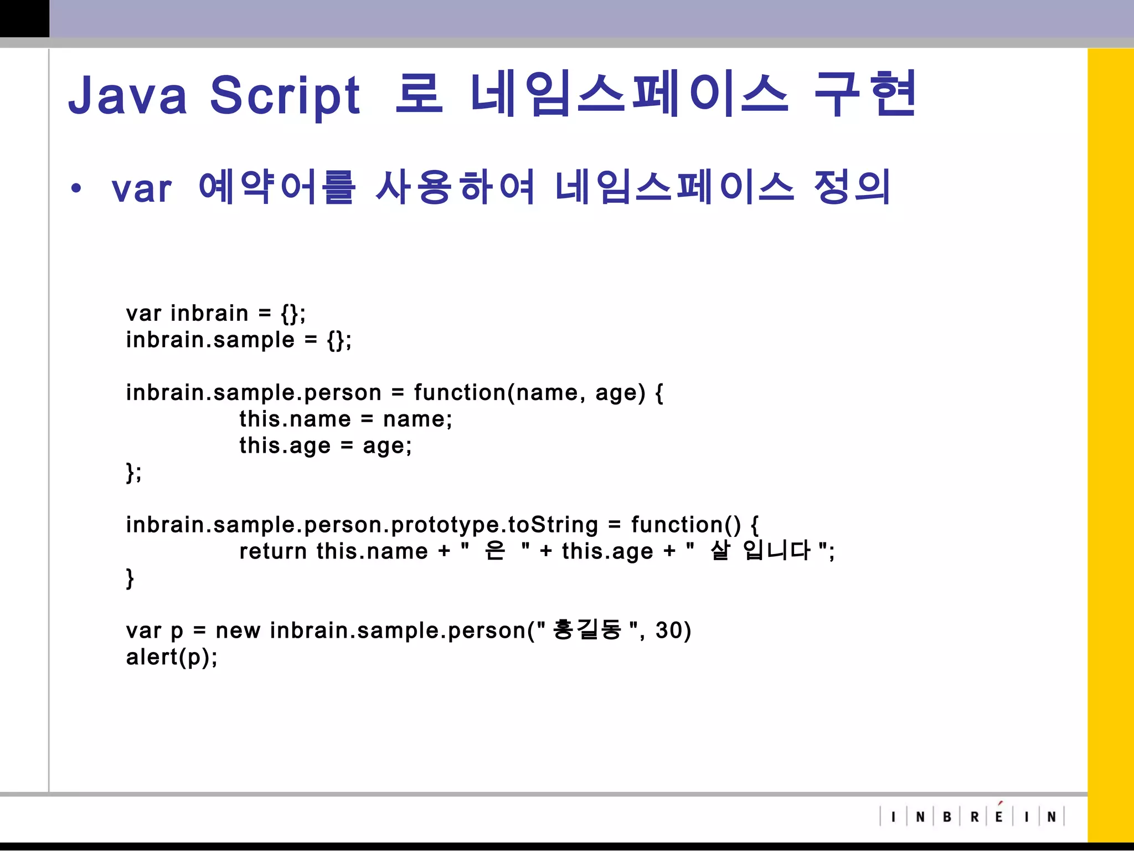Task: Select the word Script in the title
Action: click(x=285, y=95)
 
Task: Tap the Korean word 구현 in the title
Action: click(x=865, y=94)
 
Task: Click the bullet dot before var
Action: click(x=76, y=188)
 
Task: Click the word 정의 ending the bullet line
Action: click(x=852, y=187)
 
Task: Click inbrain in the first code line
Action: click(x=209, y=314)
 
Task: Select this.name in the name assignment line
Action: click(x=295, y=419)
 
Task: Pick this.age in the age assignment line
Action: click(x=285, y=446)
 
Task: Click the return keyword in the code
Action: click(x=273, y=552)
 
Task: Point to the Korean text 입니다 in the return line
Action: click(x=777, y=551)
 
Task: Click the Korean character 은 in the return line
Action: click(x=494, y=551)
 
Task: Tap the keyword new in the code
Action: click(x=238, y=631)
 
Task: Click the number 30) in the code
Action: click(x=673, y=630)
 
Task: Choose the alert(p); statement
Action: click(x=172, y=658)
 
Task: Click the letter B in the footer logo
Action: click(x=947, y=817)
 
